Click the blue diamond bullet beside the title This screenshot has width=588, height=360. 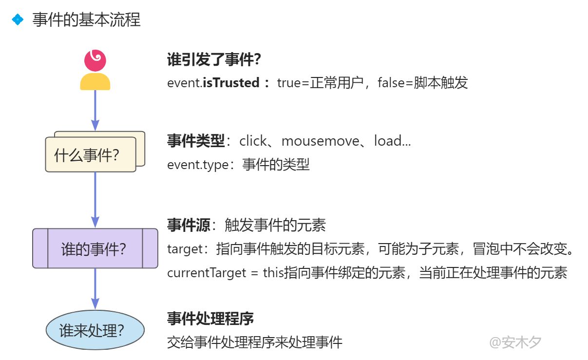18,19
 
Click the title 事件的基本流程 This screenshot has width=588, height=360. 86,20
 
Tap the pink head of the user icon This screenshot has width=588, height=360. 95,60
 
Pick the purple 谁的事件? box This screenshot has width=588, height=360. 95,248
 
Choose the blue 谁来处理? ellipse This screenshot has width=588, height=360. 95,330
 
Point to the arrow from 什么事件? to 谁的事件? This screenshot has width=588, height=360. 95,200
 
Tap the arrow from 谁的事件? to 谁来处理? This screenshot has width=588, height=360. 95,290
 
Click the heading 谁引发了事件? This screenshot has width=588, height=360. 214,60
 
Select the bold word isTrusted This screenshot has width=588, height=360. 230,82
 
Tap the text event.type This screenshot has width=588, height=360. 198,165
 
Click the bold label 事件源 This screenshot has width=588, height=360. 189,225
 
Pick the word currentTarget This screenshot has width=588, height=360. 207,272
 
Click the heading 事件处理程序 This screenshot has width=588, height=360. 210,319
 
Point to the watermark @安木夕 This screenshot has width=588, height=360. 515,342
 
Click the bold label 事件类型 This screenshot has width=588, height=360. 196,141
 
